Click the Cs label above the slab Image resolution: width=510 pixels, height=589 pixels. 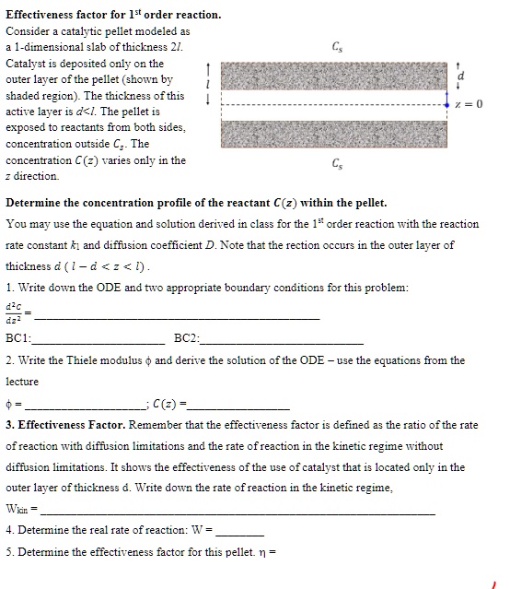click(x=338, y=48)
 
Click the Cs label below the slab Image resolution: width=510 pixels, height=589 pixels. click(x=338, y=164)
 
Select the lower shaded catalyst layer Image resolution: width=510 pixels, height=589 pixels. click(x=338, y=132)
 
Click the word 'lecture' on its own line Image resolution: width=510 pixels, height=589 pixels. click(x=23, y=381)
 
